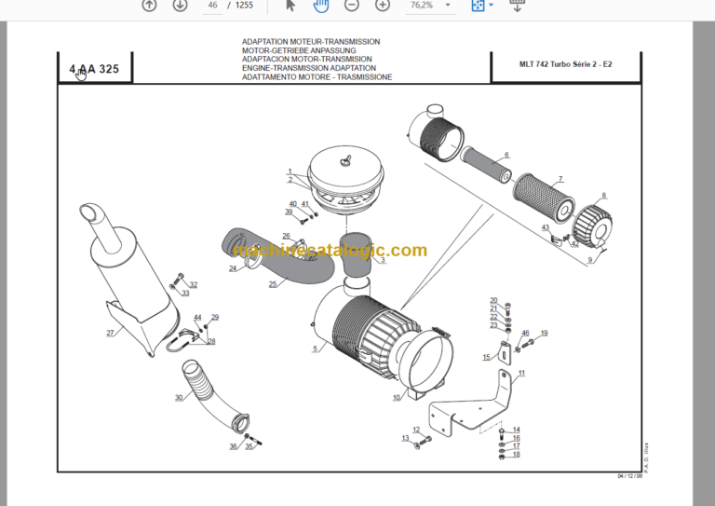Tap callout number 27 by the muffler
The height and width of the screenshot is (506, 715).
110,333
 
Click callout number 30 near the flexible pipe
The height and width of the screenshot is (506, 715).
179,398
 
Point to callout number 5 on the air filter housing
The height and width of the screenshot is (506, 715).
315,349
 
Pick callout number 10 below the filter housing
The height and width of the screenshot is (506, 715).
397,398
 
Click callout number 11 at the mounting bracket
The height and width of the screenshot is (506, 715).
521,373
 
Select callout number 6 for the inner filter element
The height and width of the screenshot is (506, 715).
506,155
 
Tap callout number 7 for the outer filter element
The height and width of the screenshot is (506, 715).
560,179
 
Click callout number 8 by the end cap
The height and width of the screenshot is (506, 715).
603,196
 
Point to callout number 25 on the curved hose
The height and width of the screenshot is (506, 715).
273,285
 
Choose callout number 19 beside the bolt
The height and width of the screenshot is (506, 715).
544,334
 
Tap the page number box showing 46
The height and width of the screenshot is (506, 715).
212,6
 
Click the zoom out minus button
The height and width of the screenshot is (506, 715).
351,6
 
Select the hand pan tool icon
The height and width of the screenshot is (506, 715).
320,6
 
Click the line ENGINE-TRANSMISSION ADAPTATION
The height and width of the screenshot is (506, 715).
309,68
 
